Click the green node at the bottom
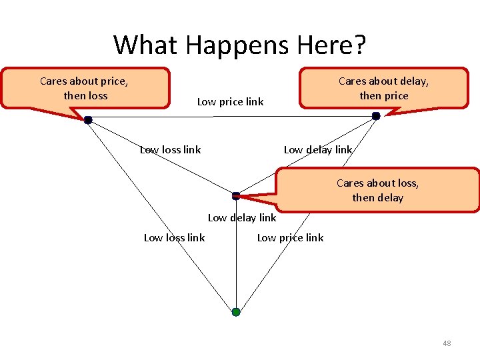pyautogui.click(x=236, y=312)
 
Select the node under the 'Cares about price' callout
pyautogui.click(x=87, y=120)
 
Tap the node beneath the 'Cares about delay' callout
pyautogui.click(x=376, y=116)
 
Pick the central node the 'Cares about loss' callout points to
pyautogui.click(x=236, y=196)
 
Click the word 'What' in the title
pyautogui.click(x=146, y=45)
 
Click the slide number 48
pyautogui.click(x=447, y=343)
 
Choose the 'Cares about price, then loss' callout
pyautogui.click(x=85, y=88)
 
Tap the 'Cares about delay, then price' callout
pyautogui.click(x=383, y=88)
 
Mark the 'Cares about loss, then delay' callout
pyautogui.click(x=378, y=190)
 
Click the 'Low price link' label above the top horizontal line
pyautogui.click(x=230, y=102)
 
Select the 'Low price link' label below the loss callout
pyautogui.click(x=290, y=238)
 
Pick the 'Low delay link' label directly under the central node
pyautogui.click(x=242, y=218)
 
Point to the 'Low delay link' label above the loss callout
pyautogui.click(x=318, y=150)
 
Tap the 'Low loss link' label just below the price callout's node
pyautogui.click(x=171, y=150)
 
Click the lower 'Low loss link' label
pyautogui.click(x=175, y=238)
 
